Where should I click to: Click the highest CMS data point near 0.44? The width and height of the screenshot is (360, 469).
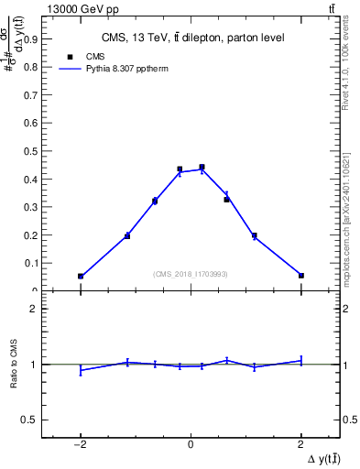click(202, 168)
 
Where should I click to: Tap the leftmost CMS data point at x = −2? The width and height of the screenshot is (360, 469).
click(81, 276)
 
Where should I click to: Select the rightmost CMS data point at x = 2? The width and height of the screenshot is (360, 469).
click(300, 275)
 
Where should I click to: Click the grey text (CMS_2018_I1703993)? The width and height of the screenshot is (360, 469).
click(191, 274)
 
